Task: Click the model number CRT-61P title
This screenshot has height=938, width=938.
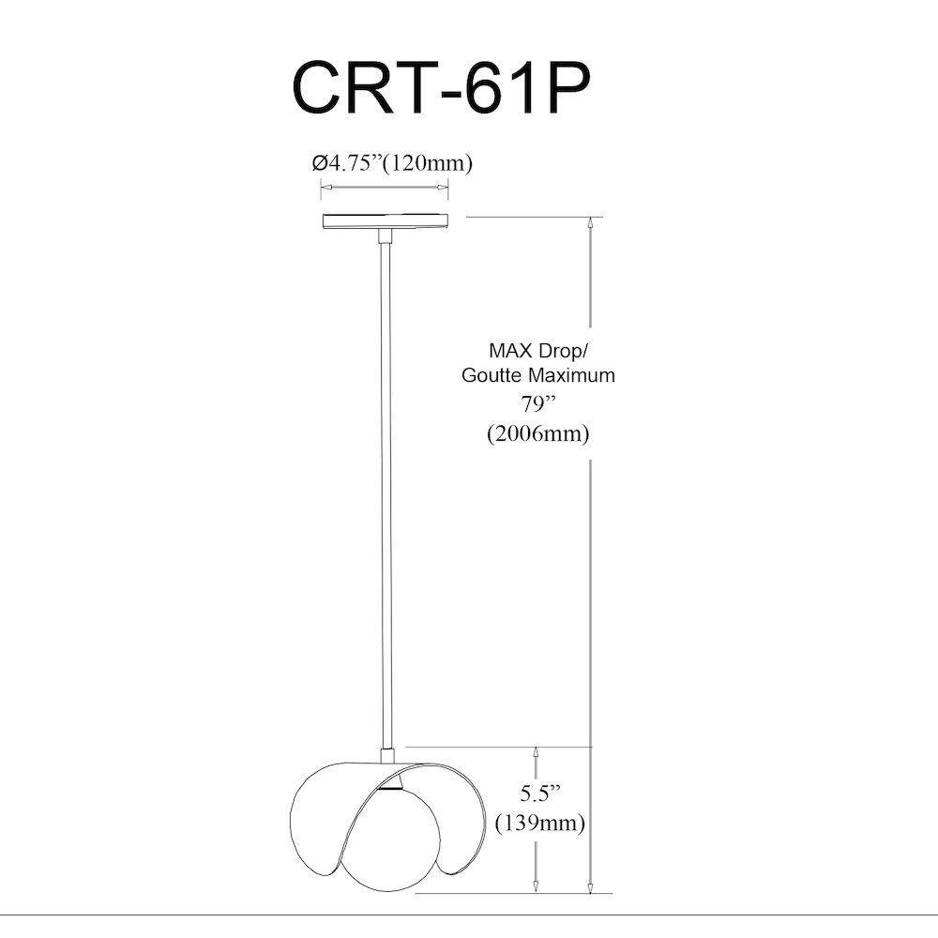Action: [x=441, y=87]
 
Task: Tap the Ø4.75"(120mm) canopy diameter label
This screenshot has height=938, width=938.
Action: [x=392, y=162]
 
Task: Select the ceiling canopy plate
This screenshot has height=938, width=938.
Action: [x=386, y=221]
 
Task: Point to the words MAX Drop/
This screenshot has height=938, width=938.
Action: [x=535, y=350]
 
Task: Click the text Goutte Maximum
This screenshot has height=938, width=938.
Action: [x=537, y=375]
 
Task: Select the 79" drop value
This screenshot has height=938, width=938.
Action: [x=538, y=404]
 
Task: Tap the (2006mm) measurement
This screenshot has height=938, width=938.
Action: [x=537, y=433]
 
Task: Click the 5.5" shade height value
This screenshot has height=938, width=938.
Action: [x=540, y=794]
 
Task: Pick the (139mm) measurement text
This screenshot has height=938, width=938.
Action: [x=539, y=824]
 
